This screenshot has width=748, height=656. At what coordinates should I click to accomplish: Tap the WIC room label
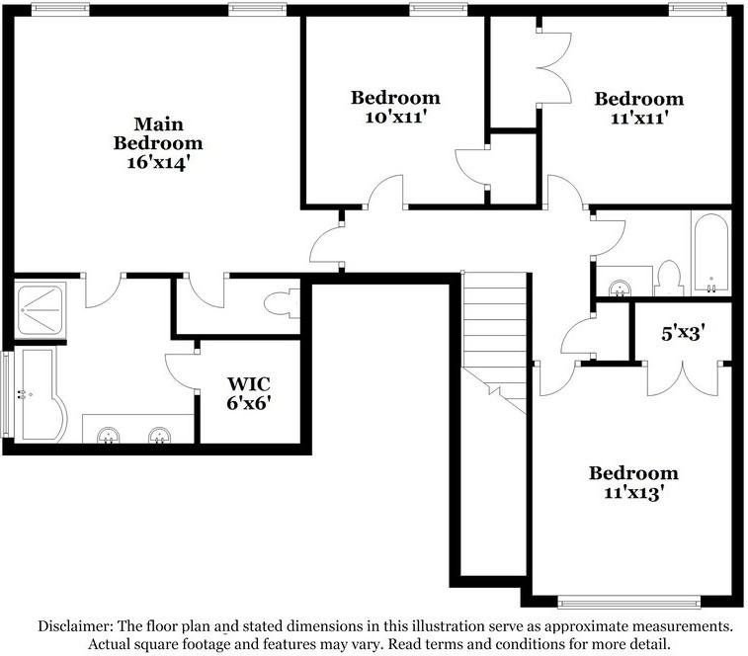click(249, 383)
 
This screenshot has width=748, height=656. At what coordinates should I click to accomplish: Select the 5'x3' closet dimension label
click(683, 333)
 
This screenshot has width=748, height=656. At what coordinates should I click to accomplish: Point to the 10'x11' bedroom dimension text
click(395, 117)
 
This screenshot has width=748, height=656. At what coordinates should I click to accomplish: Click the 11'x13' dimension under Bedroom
click(634, 492)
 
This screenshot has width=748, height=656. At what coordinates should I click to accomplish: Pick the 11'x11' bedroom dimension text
click(638, 118)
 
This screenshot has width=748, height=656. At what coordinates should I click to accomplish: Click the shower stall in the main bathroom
click(41, 310)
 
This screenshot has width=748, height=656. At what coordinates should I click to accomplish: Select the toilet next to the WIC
click(282, 303)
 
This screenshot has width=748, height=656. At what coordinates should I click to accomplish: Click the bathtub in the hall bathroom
click(710, 253)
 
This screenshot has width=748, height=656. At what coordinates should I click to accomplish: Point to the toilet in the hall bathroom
click(669, 279)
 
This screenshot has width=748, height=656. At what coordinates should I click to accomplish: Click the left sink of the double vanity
click(109, 435)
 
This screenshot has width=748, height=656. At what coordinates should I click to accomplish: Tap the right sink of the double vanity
click(159, 435)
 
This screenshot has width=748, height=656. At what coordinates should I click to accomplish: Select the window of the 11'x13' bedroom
click(628, 604)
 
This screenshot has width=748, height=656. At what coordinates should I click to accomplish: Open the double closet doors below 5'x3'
click(683, 377)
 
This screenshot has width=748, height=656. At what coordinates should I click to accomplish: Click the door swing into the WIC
click(181, 371)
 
